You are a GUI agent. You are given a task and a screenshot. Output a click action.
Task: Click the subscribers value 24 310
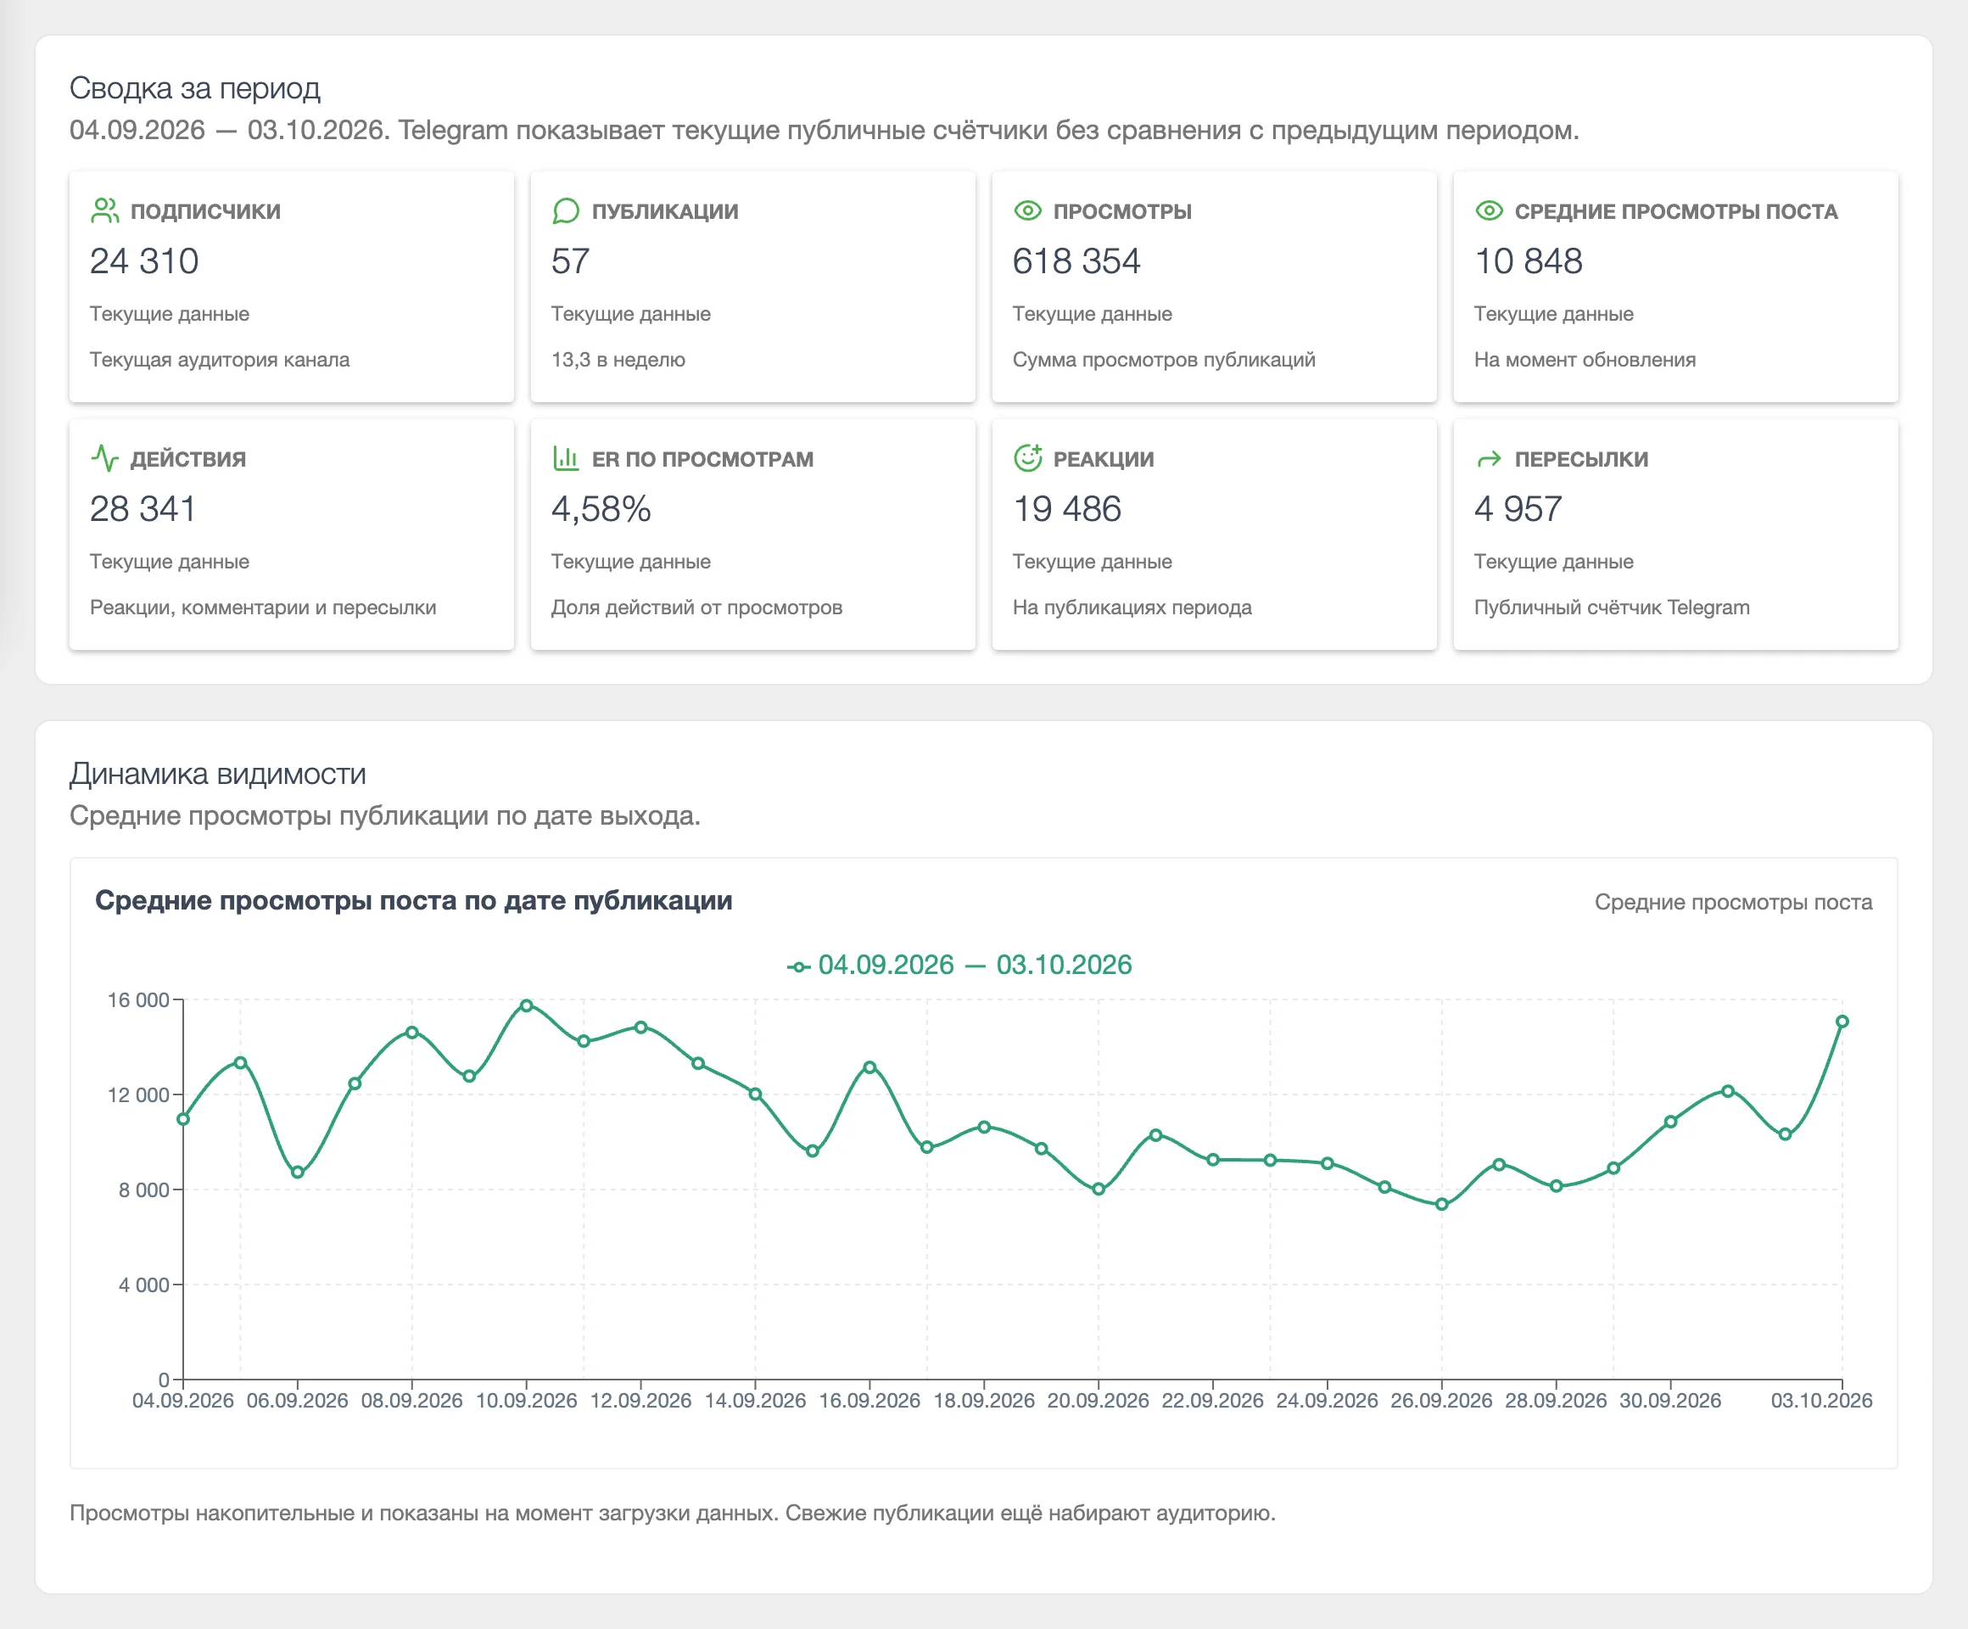click(144, 261)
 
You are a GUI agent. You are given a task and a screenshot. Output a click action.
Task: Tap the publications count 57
click(570, 261)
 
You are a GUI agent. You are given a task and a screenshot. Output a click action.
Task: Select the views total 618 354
click(1076, 261)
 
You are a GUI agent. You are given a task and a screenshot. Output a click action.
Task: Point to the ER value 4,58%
click(601, 509)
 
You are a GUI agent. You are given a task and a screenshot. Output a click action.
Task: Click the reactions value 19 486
click(1066, 509)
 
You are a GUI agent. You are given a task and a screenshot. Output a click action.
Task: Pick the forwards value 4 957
click(1518, 509)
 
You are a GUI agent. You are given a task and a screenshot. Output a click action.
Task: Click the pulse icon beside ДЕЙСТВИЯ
click(105, 458)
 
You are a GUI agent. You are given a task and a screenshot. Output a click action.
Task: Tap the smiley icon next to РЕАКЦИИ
click(1028, 457)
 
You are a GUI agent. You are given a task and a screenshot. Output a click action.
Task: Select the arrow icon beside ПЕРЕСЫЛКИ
click(1489, 459)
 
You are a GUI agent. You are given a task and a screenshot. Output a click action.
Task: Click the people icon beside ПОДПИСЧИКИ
click(105, 211)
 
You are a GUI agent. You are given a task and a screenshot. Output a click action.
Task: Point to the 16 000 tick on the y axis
click(139, 1000)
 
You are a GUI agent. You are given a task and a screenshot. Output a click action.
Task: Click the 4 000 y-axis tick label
click(144, 1285)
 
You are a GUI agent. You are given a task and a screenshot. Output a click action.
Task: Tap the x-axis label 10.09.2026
click(526, 1400)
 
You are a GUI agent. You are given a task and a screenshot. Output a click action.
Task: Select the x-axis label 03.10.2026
click(1821, 1400)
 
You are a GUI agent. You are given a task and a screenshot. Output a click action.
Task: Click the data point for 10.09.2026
click(527, 1005)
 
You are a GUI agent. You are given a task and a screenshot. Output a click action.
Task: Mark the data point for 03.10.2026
click(1842, 1022)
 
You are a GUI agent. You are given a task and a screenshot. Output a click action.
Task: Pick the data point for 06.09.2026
click(297, 1173)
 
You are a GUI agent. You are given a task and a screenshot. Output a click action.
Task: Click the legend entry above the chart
click(959, 965)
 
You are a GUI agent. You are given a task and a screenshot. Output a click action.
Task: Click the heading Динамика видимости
click(217, 774)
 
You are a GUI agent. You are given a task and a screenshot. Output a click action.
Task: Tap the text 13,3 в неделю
click(618, 360)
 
